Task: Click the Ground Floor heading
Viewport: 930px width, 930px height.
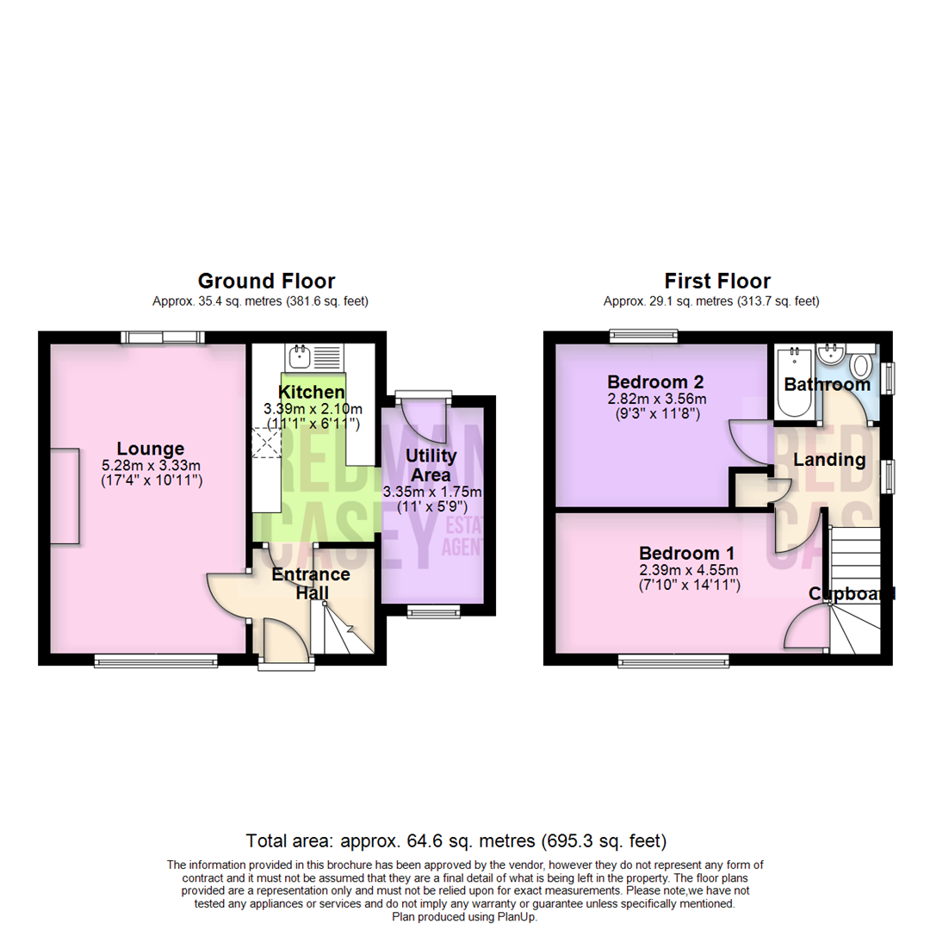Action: pyautogui.click(x=266, y=281)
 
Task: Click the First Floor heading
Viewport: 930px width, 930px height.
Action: pyautogui.click(x=716, y=281)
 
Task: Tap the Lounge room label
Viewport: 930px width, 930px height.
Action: pyautogui.click(x=151, y=449)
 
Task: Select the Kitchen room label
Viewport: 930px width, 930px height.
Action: pyautogui.click(x=312, y=393)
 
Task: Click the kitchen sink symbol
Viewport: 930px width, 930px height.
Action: pyautogui.click(x=301, y=354)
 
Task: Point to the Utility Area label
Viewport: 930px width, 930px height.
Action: pyautogui.click(x=431, y=465)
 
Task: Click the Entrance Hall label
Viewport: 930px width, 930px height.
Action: pyautogui.click(x=311, y=583)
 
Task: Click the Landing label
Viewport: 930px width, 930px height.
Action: pyautogui.click(x=829, y=460)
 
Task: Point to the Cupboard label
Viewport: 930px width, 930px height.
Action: pyautogui.click(x=851, y=593)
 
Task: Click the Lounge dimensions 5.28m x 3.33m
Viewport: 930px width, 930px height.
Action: pyautogui.click(x=152, y=465)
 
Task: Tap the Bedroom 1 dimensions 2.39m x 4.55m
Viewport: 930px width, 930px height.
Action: pyautogui.click(x=689, y=570)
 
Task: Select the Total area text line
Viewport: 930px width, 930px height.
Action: pyautogui.click(x=456, y=840)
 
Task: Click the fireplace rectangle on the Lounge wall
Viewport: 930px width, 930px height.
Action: pyautogui.click(x=65, y=496)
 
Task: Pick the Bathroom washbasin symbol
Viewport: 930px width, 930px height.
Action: pyautogui.click(x=833, y=353)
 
